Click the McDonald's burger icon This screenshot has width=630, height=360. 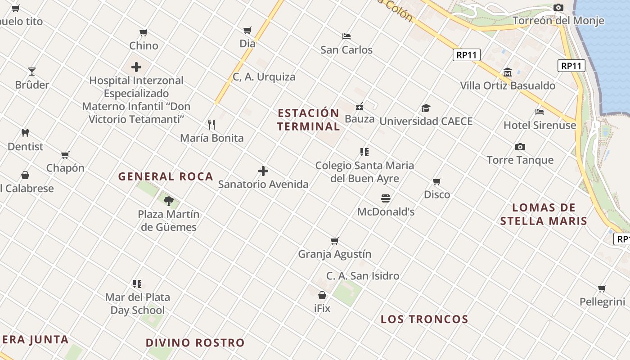point(386,198)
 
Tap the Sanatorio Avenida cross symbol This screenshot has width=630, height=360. point(263,171)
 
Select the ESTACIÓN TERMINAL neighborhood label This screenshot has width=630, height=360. point(308,120)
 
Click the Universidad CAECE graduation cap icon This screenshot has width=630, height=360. point(426,108)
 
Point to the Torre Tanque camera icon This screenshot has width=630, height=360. point(520,147)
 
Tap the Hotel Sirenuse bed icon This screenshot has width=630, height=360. point(540,112)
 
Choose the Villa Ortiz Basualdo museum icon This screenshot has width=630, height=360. point(508,72)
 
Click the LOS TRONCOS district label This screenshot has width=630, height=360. point(424,319)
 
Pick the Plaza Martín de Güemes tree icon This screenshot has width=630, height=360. point(169,201)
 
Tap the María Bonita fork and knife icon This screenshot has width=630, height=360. point(211,124)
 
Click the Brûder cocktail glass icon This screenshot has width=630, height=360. point(32,72)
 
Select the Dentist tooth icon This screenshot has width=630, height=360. point(25,133)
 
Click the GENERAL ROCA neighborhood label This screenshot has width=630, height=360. point(166,177)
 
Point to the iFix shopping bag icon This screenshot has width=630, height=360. point(322,295)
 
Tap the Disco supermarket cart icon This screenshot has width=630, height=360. point(436,181)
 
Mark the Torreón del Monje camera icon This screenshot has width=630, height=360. point(558,7)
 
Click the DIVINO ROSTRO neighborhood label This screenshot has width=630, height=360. point(195,343)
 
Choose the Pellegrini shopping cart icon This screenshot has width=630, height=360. point(602,288)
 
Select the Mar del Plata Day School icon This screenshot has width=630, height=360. point(137,284)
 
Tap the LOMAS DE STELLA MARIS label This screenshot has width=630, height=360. point(544,214)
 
